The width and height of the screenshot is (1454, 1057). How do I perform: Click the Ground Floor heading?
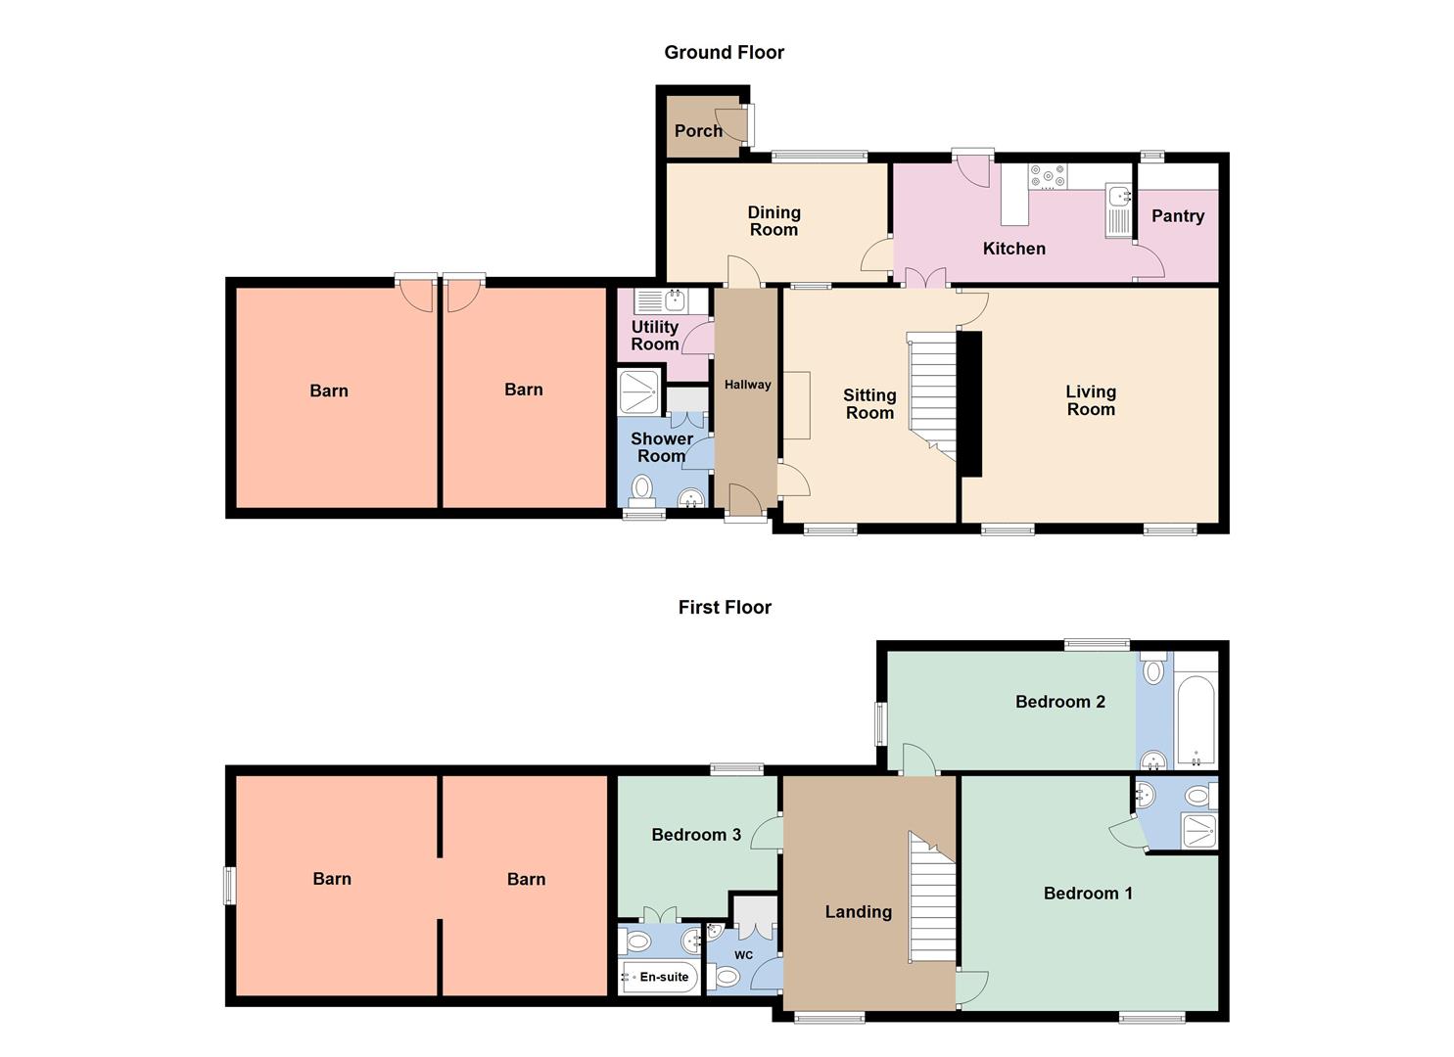[724, 53]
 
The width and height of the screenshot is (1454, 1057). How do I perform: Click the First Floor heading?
[725, 608]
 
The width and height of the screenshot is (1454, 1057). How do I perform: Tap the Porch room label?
[698, 131]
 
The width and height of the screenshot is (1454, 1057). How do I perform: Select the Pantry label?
[1177, 216]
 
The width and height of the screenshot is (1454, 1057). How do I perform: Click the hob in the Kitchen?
[1047, 177]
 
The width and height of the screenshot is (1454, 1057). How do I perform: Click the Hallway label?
[747, 386]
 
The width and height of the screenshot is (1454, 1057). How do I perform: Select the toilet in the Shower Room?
[642, 487]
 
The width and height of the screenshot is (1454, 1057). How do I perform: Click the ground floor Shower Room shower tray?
[640, 391]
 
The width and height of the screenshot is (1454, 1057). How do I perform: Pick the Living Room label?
[1091, 400]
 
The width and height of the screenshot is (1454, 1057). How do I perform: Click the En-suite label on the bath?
[664, 977]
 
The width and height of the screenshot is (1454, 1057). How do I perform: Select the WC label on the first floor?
[743, 955]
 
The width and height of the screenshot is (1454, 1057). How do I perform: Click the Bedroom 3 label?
[696, 835]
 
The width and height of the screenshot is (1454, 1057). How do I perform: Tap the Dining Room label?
[774, 221]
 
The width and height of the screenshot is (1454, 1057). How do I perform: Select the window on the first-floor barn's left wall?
[229, 886]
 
